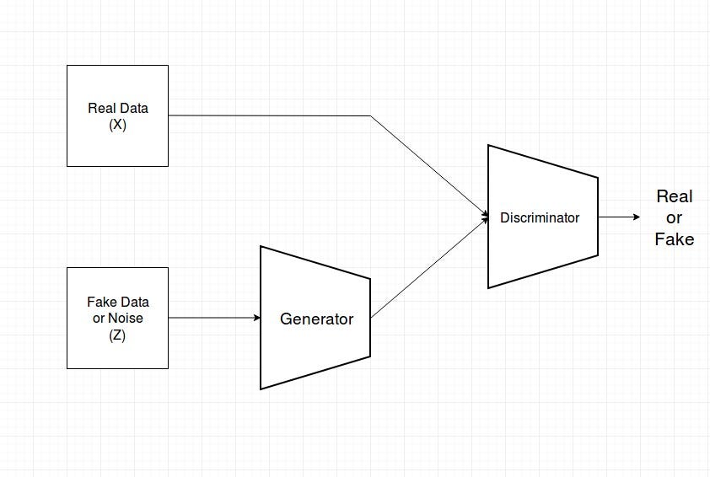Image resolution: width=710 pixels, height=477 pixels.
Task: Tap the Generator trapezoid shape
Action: [x=315, y=354]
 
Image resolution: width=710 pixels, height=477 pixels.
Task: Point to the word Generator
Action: [x=316, y=319]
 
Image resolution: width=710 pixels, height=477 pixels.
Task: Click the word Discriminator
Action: [x=540, y=217]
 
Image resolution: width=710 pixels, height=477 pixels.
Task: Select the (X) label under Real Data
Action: [x=118, y=124]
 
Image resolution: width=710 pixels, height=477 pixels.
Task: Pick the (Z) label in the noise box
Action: [x=117, y=335]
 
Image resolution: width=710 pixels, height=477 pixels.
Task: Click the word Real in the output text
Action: [x=674, y=197]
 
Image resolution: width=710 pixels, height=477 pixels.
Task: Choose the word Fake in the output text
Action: [x=674, y=239]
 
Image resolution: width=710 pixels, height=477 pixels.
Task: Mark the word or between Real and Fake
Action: [x=674, y=218]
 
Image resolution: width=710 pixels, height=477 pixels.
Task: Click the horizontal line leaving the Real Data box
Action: [x=270, y=115]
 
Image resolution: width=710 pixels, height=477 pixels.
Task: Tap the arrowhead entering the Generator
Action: [x=256, y=318]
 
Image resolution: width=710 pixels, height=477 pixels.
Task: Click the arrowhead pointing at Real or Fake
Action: [x=636, y=217]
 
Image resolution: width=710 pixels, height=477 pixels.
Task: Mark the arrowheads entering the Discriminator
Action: [x=484, y=217]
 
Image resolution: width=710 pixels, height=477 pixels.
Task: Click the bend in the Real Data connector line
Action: [x=370, y=115]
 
